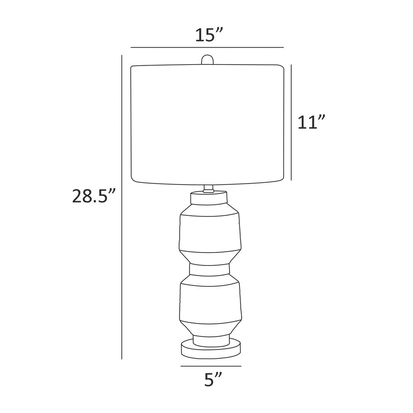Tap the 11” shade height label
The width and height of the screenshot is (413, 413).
(311, 122)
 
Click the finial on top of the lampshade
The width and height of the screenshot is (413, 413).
(207, 60)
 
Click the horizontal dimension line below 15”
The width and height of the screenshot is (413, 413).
(207, 47)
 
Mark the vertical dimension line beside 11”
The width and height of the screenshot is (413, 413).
(291, 122)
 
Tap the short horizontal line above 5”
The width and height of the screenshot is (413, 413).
(211, 366)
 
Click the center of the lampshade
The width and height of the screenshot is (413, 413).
(207, 124)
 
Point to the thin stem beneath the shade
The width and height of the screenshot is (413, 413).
(208, 188)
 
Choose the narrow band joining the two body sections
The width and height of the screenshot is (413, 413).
(209, 269)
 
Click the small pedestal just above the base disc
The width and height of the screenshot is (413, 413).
(211, 341)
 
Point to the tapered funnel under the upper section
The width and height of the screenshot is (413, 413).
(210, 258)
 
